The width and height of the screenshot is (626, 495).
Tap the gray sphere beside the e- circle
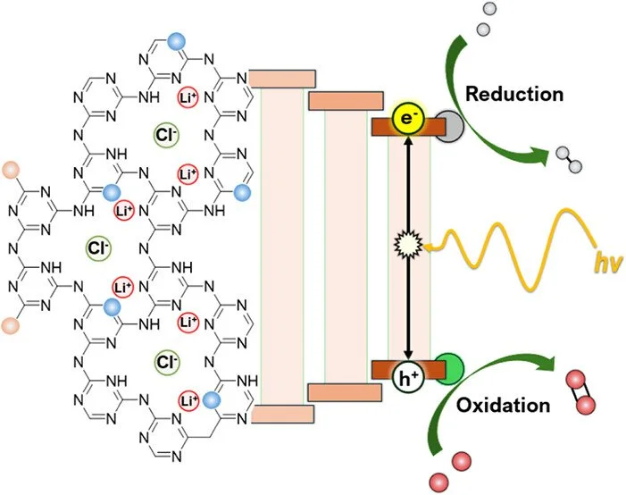click(x=449, y=128)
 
